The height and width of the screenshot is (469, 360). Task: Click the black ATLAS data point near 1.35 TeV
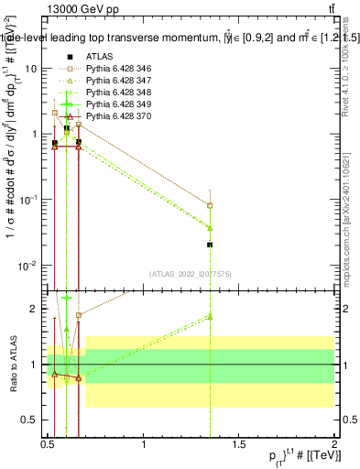point(211,245)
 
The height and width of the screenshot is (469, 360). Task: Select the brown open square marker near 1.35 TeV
point(211,206)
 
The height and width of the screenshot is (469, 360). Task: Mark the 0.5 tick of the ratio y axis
point(31,420)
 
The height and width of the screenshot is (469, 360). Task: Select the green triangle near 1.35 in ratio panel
point(211,316)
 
